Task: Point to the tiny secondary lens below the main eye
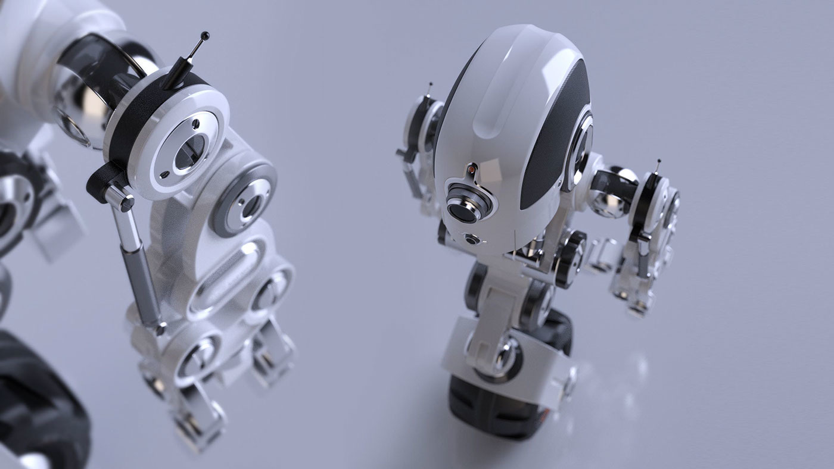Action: [x=472, y=240]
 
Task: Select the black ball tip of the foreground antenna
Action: [x=205, y=36]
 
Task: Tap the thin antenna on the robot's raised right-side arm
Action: [x=658, y=167]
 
